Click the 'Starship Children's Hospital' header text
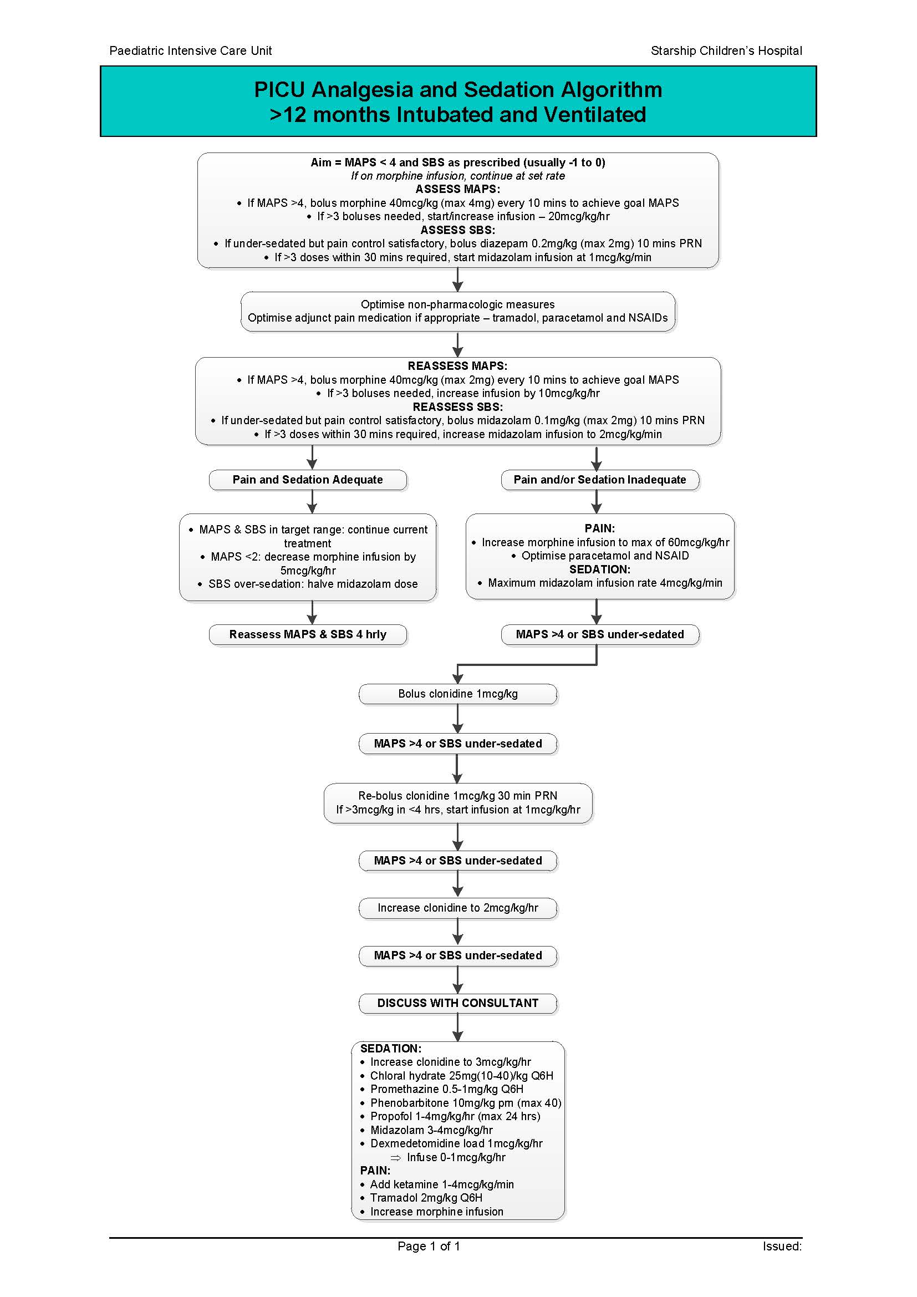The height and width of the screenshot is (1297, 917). (x=726, y=51)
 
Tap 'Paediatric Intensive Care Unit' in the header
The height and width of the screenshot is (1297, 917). (x=190, y=51)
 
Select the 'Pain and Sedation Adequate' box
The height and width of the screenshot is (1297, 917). (x=308, y=480)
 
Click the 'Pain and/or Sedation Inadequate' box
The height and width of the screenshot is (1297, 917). (x=600, y=480)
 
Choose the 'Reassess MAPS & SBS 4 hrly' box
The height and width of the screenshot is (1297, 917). (x=308, y=634)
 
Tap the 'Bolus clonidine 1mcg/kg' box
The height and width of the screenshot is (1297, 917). (x=458, y=694)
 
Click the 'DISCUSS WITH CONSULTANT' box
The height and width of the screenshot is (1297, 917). (x=458, y=1003)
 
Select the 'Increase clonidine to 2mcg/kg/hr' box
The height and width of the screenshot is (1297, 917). (x=458, y=908)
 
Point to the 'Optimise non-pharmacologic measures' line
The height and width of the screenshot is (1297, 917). (x=458, y=304)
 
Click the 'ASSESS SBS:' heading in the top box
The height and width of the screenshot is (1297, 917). (x=458, y=230)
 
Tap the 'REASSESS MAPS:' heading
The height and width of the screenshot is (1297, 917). (x=458, y=366)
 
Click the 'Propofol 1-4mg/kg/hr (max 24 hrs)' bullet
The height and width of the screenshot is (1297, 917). (x=455, y=1116)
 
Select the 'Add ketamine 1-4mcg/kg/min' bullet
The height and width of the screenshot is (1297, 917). (x=441, y=1184)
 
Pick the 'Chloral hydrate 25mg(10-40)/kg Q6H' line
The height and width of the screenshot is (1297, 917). (x=461, y=1076)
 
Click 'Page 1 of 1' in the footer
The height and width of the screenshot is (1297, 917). (x=429, y=1246)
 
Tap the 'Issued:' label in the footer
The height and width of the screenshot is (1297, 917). (x=782, y=1246)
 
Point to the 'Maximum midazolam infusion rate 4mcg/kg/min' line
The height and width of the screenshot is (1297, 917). (x=605, y=583)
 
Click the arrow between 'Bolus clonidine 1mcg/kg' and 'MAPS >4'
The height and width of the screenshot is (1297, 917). (x=458, y=719)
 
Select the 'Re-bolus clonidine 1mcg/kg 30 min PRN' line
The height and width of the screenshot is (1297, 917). (x=458, y=796)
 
